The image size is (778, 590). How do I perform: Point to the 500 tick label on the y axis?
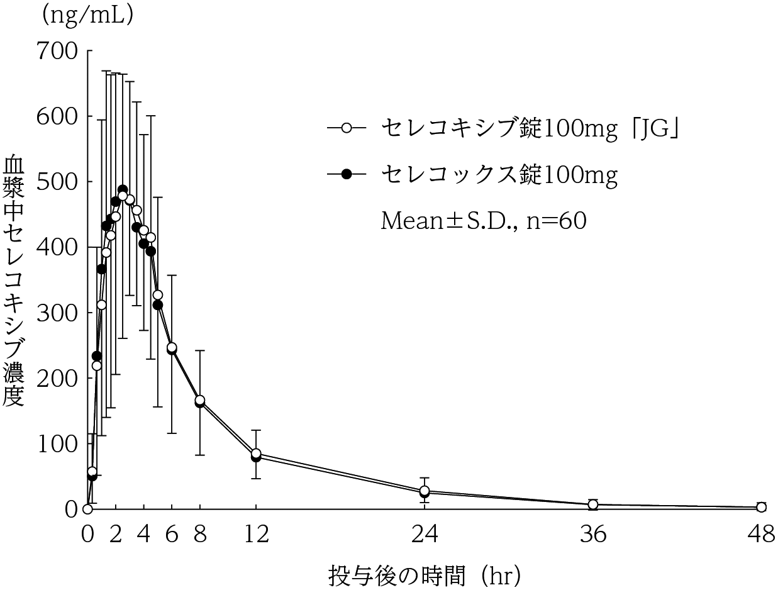57,181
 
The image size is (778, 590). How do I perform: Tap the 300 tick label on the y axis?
57,312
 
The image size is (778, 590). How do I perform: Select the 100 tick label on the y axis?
57,443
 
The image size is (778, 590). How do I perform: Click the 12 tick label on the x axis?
256,535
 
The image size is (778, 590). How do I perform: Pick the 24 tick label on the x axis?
425,535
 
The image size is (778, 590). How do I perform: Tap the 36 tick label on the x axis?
593,535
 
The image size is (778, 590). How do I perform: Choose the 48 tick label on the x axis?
761,535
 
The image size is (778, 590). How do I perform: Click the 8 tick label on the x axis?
200,535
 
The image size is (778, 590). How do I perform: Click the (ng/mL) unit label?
87,15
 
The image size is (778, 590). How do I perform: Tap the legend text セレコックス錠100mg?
499,175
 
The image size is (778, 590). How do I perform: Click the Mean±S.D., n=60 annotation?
484,221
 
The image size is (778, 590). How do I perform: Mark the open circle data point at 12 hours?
256,454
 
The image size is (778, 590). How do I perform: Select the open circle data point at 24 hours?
425,491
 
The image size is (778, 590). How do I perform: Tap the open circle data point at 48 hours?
761,507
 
